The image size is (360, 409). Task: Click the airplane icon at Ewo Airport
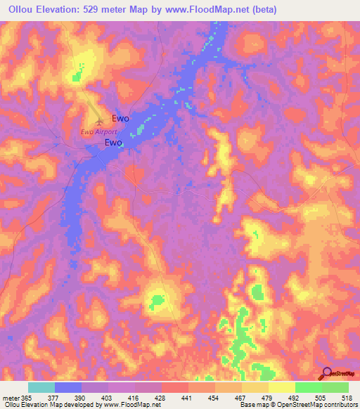[x=98, y=119]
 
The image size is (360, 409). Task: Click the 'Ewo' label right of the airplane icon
[x=120, y=119]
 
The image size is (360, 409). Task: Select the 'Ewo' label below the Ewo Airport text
[x=113, y=143]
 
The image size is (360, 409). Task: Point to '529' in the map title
[x=103, y=10]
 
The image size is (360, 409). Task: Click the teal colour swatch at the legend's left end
[x=41, y=387]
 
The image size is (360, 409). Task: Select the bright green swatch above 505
[x=309, y=387]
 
